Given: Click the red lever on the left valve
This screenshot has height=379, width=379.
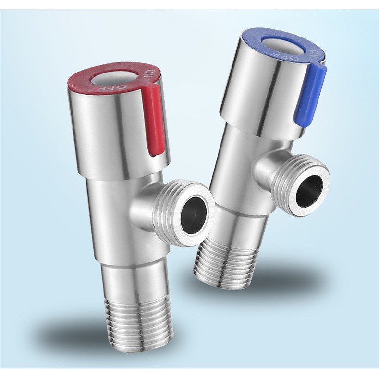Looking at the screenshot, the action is (153, 121).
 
